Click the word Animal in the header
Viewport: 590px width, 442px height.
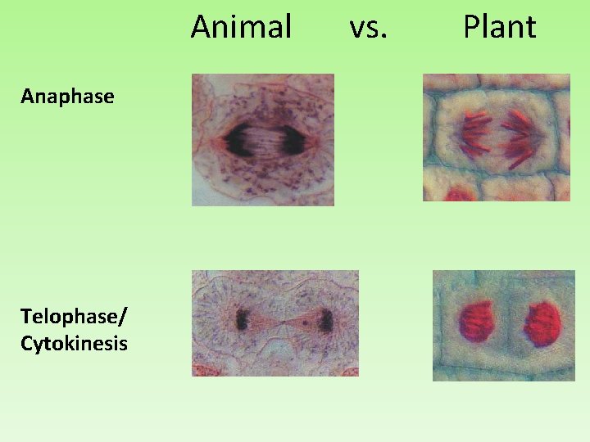[241, 27]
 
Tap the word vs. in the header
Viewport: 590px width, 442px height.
[368, 27]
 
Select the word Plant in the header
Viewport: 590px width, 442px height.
[499, 27]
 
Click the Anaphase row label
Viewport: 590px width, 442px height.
[67, 97]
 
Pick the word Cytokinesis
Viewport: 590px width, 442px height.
[74, 343]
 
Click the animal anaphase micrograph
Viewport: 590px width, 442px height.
[263, 139]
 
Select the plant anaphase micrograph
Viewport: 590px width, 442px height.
[496, 138]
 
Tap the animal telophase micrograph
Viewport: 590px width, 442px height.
[275, 322]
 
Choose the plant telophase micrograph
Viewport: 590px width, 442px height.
[503, 325]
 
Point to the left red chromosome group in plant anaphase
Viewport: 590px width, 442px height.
[475, 136]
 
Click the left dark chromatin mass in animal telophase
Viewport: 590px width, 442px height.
[243, 319]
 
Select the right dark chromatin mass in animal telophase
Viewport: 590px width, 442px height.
[325, 320]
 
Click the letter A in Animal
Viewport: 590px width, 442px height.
[200, 27]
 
